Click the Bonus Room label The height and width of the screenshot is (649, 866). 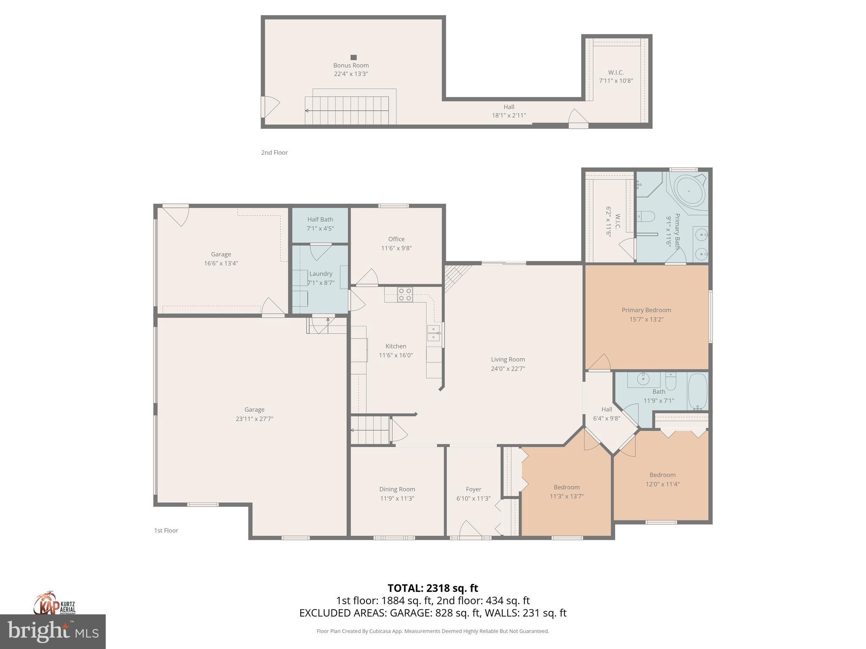coord(351,65)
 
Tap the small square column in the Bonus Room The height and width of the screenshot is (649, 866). coord(354,57)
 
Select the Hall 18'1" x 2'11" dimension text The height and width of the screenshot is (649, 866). coord(509,115)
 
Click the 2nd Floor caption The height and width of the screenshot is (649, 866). coord(274,153)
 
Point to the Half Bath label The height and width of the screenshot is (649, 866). coord(320,219)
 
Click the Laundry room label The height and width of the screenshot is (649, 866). coord(321,274)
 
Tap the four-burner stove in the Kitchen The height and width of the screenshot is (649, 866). coord(405,294)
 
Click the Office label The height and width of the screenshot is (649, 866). coord(396,239)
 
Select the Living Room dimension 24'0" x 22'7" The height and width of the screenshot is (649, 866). coord(508,368)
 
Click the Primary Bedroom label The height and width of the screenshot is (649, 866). coord(646,310)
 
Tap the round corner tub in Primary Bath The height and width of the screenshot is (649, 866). coord(689,191)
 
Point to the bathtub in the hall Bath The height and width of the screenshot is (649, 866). coord(697,391)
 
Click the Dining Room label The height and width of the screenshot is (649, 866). coord(397,489)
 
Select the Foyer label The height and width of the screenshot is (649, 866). coord(473,489)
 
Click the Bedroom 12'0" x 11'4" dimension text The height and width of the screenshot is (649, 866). coord(662,484)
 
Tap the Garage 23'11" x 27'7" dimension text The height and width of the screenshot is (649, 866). coord(254,419)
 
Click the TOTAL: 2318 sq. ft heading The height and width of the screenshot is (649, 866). coord(433,588)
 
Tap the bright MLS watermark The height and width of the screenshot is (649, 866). coord(53,631)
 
